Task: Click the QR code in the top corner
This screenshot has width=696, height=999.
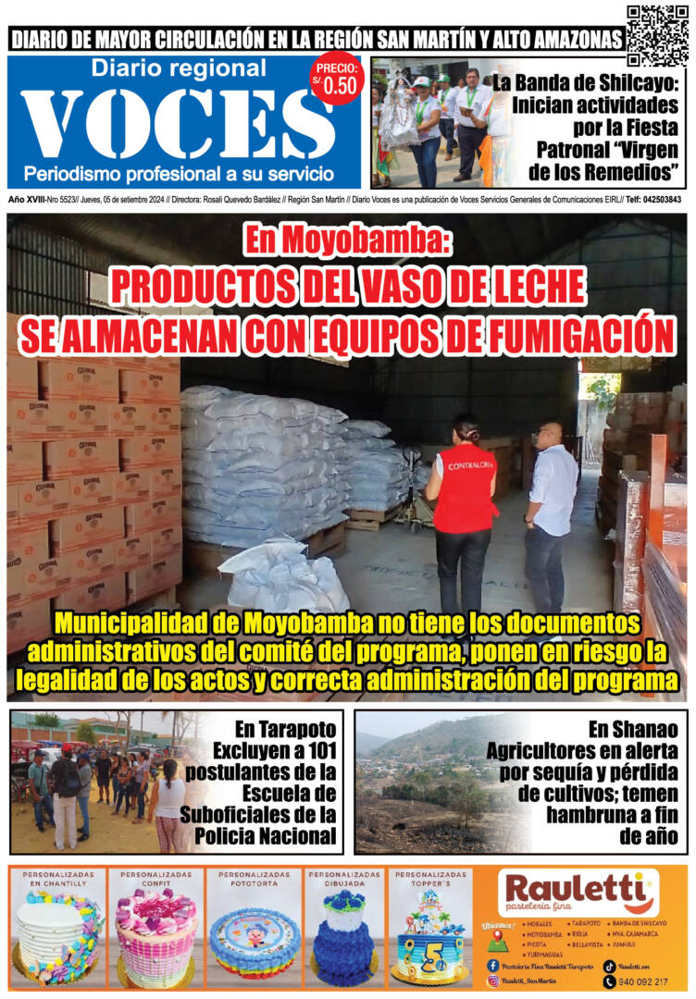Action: pos(657,35)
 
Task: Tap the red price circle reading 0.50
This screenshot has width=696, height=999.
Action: pos(337,80)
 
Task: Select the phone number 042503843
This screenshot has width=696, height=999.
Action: pos(660,200)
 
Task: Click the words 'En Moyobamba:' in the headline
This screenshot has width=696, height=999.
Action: pos(347,242)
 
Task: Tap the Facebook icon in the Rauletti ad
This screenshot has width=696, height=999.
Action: pos(492,965)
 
